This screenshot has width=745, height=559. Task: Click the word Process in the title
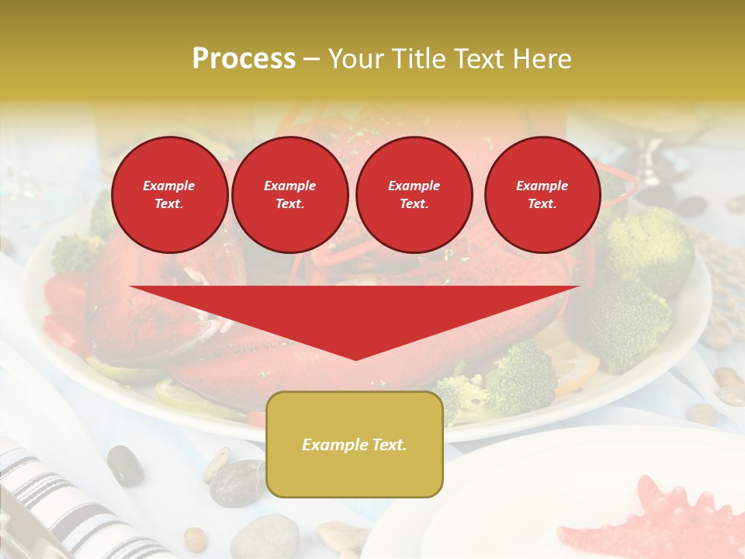244,59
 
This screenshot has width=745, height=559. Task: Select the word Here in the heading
542,59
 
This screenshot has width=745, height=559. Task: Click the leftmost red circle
169,195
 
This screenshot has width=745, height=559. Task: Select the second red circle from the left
289,195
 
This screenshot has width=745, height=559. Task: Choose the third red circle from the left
414,195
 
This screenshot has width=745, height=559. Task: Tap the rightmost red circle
542,195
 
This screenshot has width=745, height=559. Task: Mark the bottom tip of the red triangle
355,358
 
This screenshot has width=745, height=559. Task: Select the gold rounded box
355,444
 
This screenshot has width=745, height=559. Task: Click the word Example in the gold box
330,445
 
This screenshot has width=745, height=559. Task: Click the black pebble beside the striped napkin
125,465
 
